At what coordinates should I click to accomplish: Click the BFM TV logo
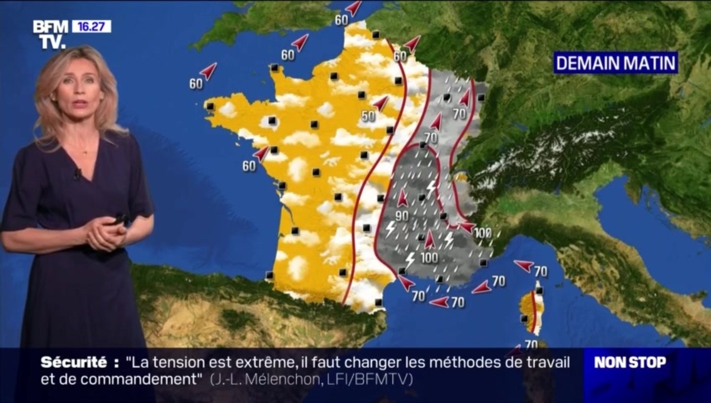[50, 34]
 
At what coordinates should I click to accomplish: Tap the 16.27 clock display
[91, 26]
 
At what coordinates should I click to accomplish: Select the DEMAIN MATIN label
[615, 63]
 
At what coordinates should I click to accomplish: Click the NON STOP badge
[630, 362]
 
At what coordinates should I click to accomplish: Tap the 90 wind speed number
[401, 215]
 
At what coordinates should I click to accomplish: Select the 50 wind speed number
[368, 116]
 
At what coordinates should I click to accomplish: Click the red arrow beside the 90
[402, 198]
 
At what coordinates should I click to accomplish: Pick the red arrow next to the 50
[381, 104]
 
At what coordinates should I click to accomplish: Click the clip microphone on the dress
[77, 174]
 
